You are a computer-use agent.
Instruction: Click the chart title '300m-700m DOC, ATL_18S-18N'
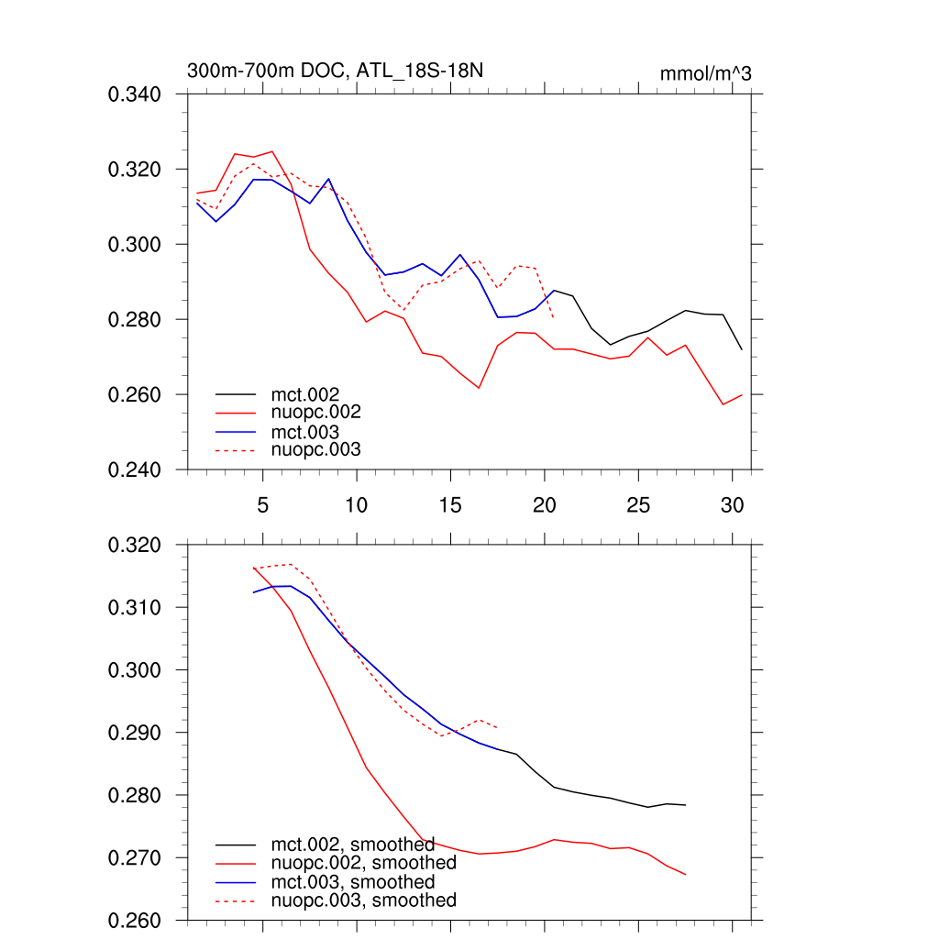tap(335, 71)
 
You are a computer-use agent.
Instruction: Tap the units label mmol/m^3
tap(705, 73)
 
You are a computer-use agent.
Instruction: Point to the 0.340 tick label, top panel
tap(135, 94)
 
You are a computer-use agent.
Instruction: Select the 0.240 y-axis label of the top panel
tap(135, 470)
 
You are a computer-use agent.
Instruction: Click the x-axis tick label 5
tap(262, 505)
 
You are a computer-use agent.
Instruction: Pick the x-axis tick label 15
tap(450, 505)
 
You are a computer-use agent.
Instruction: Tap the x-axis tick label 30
tap(732, 505)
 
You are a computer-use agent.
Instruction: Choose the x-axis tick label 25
tap(638, 505)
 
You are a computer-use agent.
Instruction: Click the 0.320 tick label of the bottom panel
tap(135, 546)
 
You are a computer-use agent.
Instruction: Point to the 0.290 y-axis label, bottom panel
tap(135, 734)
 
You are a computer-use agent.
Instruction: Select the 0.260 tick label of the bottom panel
tap(135, 921)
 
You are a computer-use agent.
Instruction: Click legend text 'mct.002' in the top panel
tap(312, 395)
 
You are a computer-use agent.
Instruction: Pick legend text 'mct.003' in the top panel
tap(312, 432)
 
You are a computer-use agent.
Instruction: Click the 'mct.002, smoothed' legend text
tap(352, 845)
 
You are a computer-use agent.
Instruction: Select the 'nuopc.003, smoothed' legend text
tap(363, 900)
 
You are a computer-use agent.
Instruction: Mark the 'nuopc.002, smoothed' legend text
tap(363, 863)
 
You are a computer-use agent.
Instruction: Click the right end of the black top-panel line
tap(742, 349)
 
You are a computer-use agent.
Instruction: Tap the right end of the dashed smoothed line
tap(497, 728)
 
